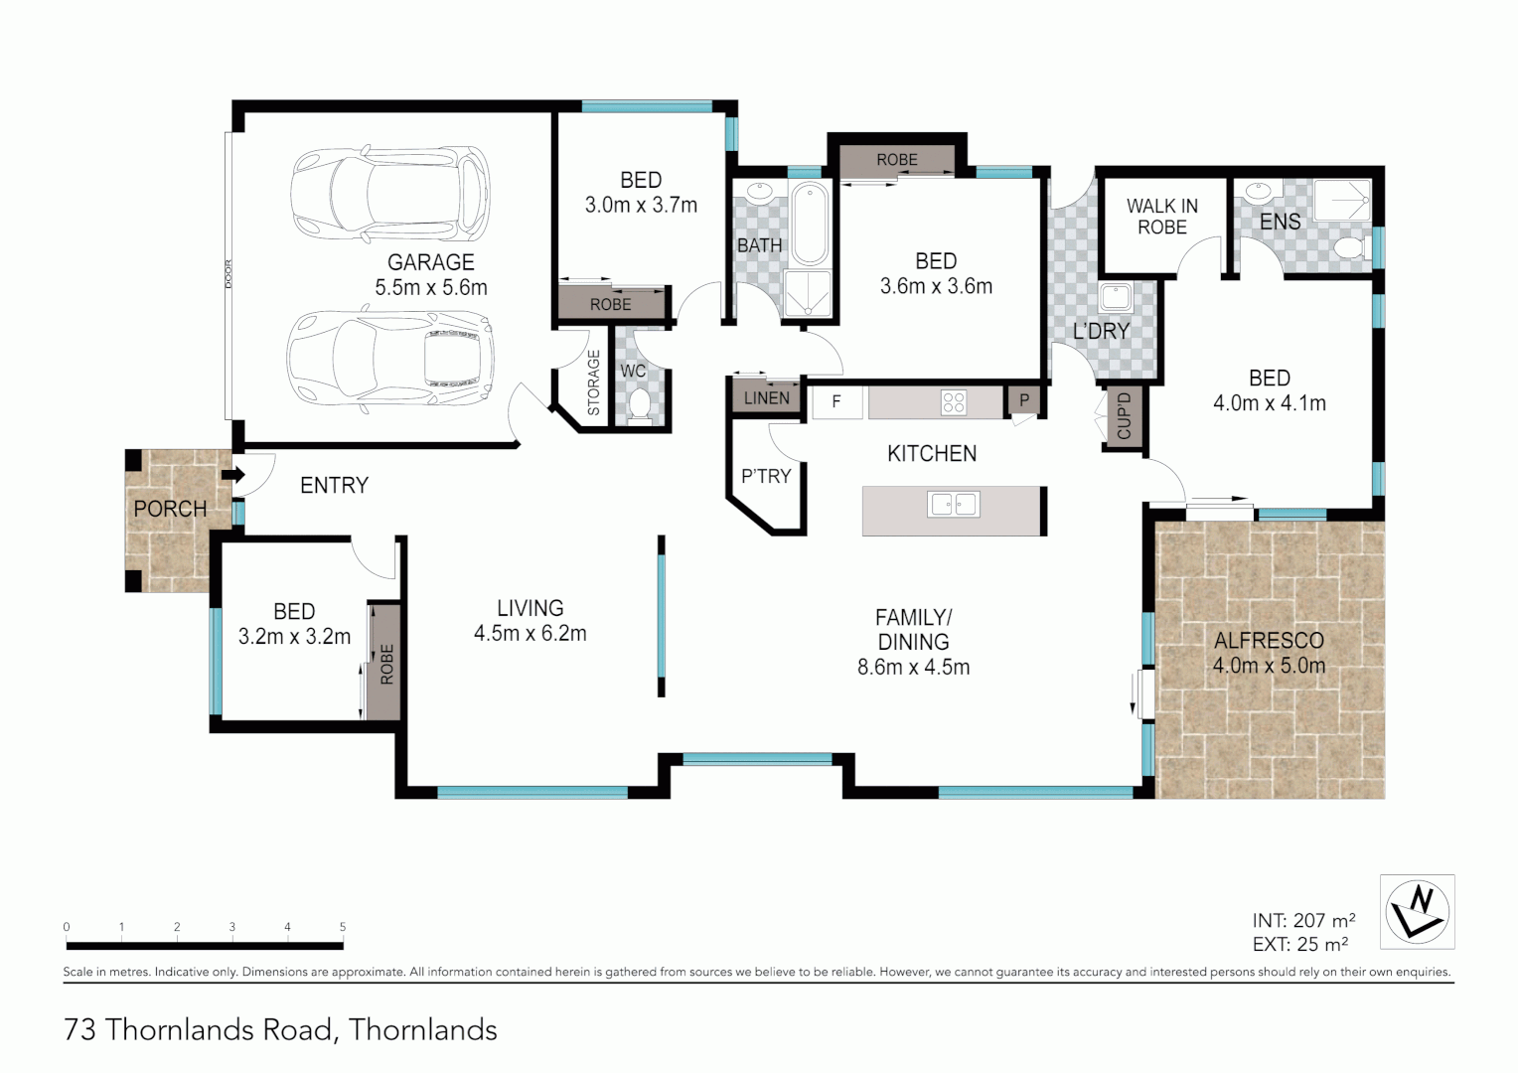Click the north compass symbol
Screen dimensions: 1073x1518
[x=1418, y=911]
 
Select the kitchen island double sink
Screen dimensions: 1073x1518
[x=954, y=505]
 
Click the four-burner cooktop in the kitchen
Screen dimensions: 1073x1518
[x=954, y=402]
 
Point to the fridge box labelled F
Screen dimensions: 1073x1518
[x=836, y=402]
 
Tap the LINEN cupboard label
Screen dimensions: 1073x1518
[x=767, y=397]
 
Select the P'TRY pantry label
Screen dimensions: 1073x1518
[x=766, y=476]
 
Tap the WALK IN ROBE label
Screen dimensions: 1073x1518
[x=1161, y=217]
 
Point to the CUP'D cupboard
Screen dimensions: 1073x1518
[x=1124, y=417]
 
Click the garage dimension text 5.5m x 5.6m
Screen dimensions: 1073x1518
[x=431, y=288]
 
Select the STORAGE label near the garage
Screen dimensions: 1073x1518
[x=594, y=383]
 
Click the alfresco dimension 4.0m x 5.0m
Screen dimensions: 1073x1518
[x=1269, y=666]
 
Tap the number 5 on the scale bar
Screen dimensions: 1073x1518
[x=343, y=927]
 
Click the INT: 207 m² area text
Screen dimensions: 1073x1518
[x=1303, y=920]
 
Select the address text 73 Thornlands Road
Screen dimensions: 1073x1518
[x=198, y=1030]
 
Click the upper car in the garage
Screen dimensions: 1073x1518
[x=389, y=195]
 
